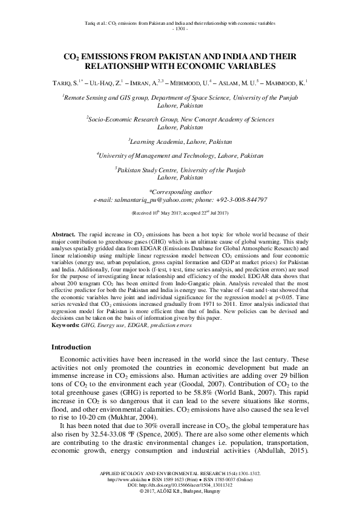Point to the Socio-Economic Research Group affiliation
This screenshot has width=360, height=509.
[180, 120]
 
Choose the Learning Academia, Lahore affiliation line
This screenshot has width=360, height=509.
[180, 141]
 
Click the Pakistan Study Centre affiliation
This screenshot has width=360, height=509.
[180, 171]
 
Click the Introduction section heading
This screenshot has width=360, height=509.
[71, 348]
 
